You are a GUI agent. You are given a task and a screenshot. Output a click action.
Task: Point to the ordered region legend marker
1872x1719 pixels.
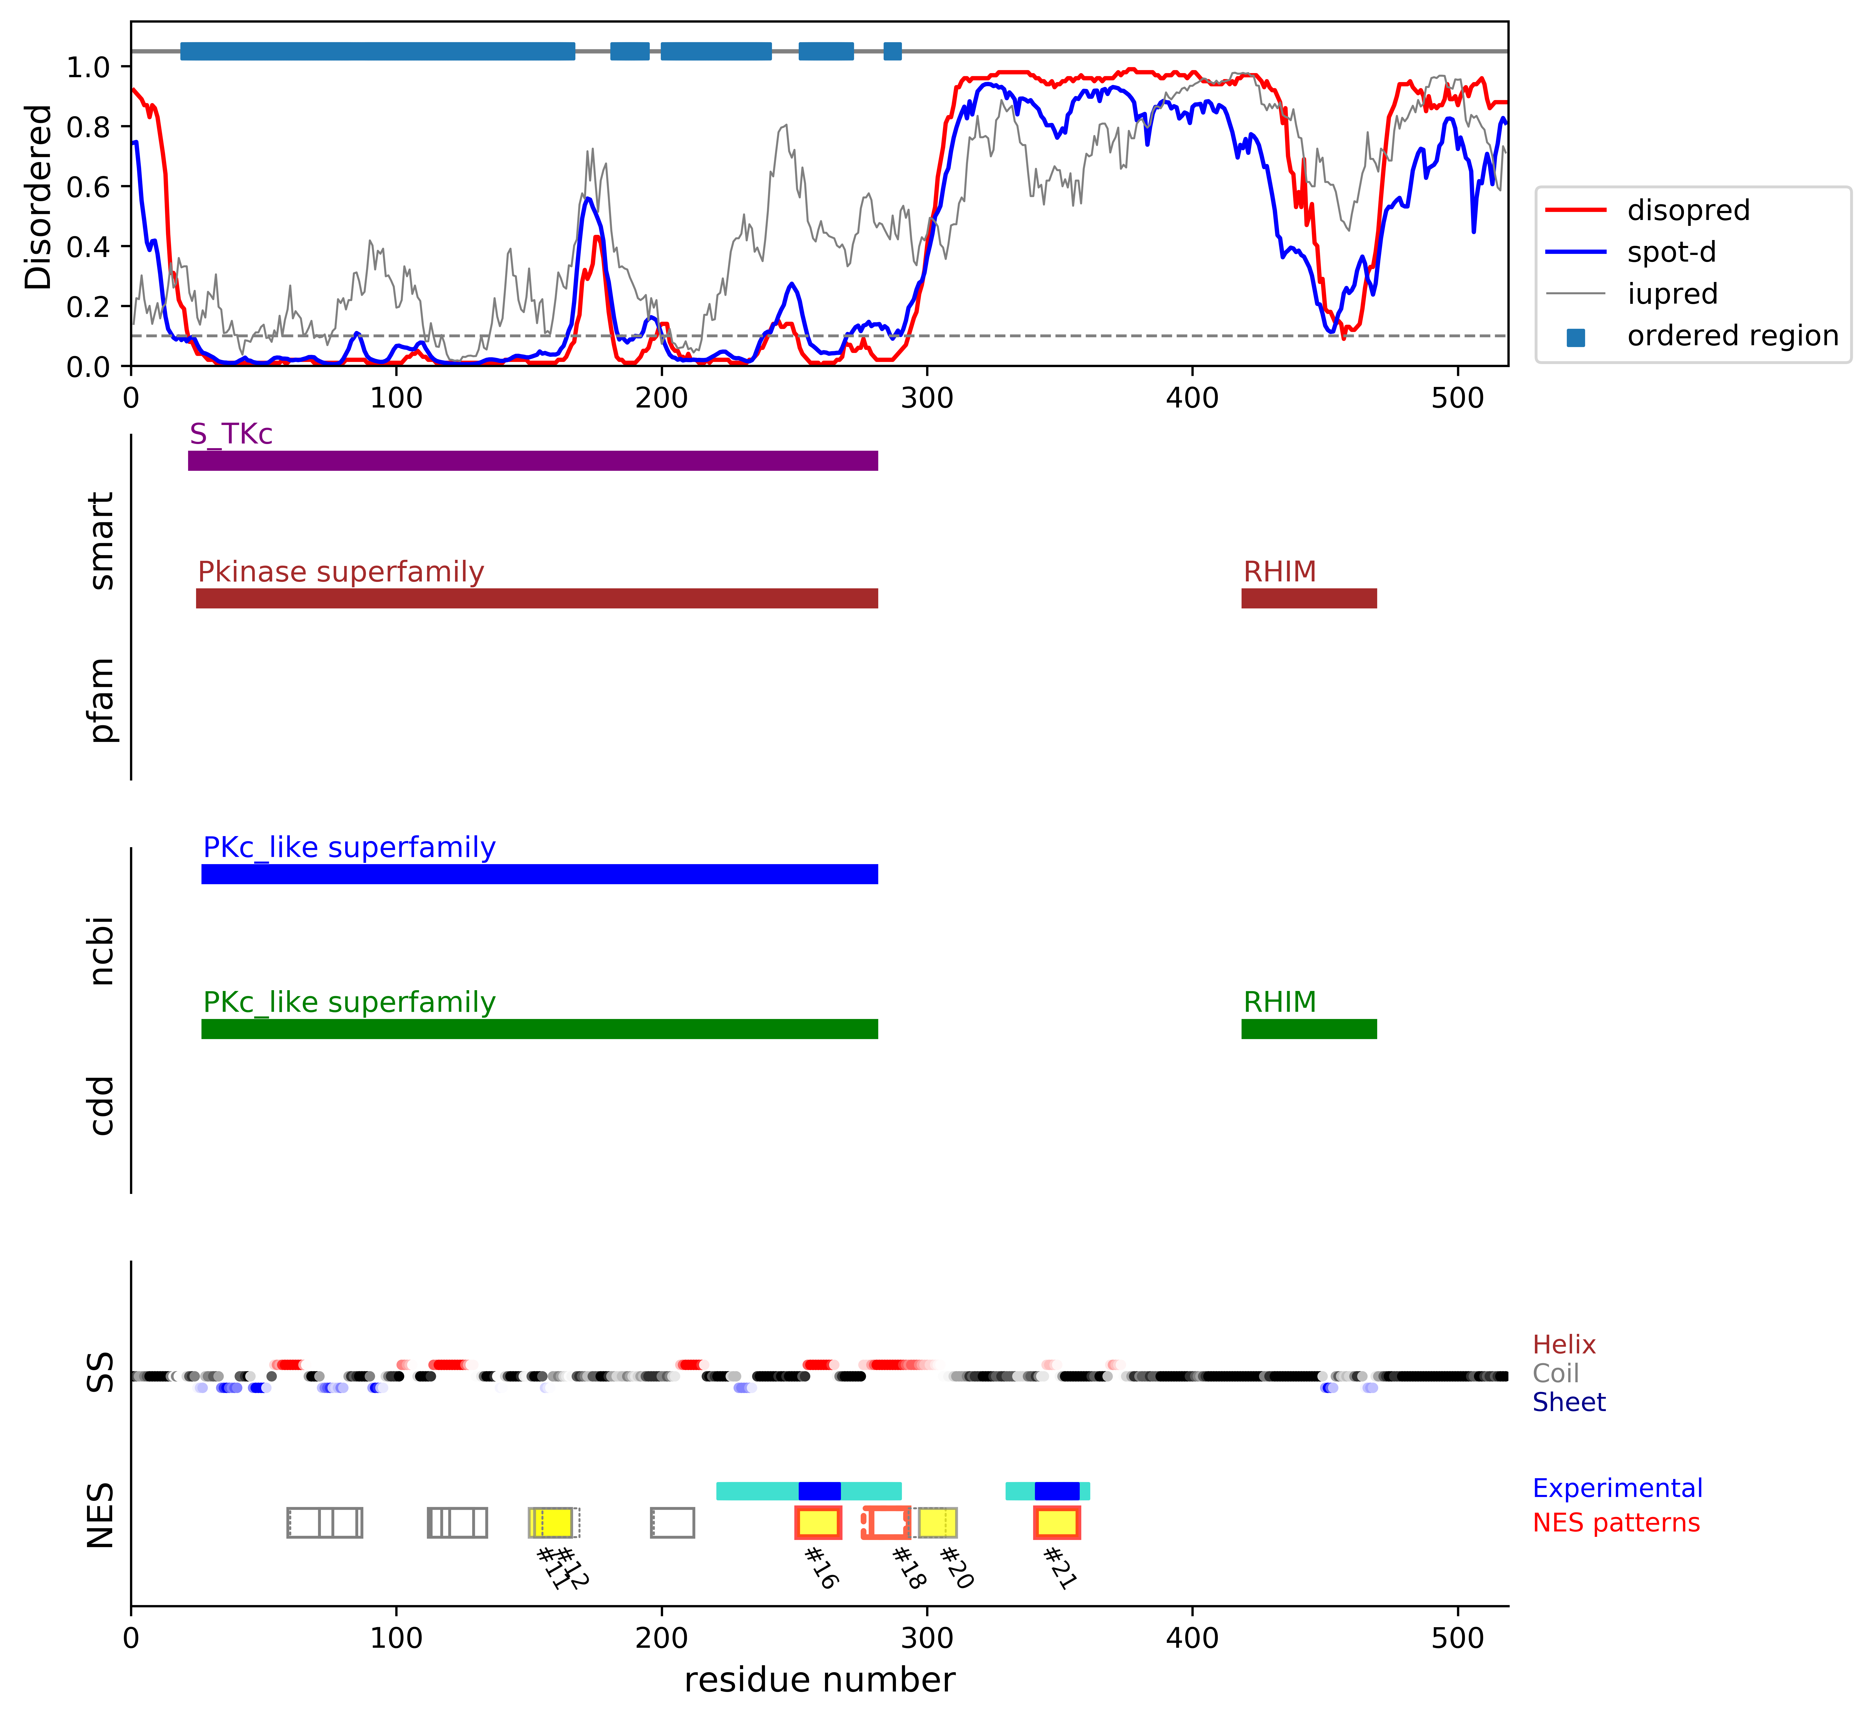coord(1575,337)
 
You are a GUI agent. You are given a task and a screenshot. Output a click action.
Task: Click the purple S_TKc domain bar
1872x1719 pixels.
coord(532,460)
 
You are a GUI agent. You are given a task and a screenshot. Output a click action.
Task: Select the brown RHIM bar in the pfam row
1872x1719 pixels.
coord(1308,598)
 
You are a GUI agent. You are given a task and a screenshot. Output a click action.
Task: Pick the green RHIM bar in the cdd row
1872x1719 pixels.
coord(1308,1029)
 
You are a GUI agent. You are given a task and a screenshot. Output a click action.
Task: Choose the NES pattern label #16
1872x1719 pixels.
coord(821,1567)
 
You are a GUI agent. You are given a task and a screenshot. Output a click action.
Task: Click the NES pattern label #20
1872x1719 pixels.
coord(955,1567)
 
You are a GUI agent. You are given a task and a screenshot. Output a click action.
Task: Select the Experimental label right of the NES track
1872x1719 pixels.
coord(1617,1488)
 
